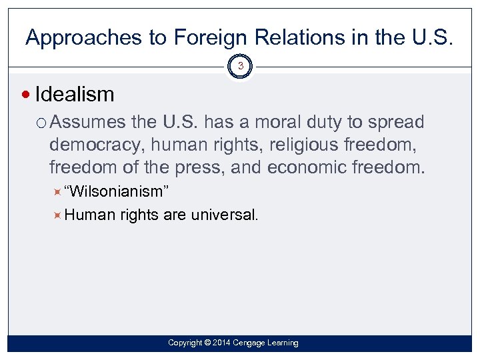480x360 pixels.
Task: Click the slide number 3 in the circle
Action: coord(240,67)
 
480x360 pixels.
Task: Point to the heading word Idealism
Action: coord(74,94)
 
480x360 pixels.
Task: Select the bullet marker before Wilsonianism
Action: coord(57,192)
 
